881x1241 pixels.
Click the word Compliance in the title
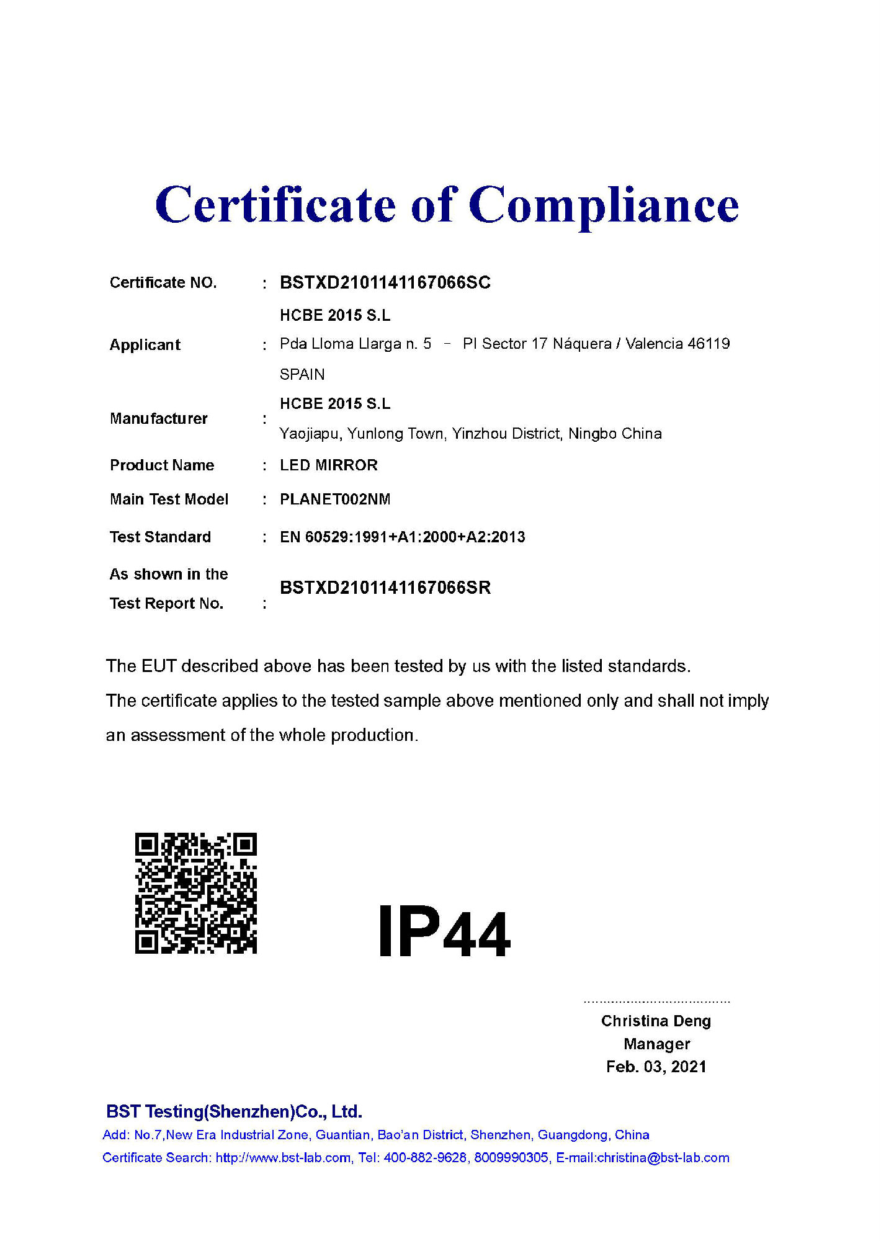(603, 206)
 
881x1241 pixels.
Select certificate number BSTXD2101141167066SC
(385, 283)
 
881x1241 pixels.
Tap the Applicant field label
(145, 345)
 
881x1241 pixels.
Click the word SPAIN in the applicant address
(302, 374)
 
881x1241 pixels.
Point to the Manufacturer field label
(158, 419)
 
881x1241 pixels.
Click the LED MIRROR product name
(328, 465)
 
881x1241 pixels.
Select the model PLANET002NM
(334, 500)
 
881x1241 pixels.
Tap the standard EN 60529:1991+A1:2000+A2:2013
(402, 537)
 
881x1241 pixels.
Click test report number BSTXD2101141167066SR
(385, 588)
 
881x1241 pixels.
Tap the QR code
(195, 893)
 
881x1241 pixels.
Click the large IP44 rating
(444, 932)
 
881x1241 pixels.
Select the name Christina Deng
(656, 1021)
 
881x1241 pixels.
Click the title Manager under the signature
(656, 1044)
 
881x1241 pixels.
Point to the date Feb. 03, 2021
(656, 1067)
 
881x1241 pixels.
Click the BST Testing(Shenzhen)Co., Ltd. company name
(234, 1111)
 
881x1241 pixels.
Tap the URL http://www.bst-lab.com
(283, 1157)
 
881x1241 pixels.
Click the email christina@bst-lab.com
(663, 1157)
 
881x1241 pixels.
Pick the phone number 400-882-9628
(425, 1157)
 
